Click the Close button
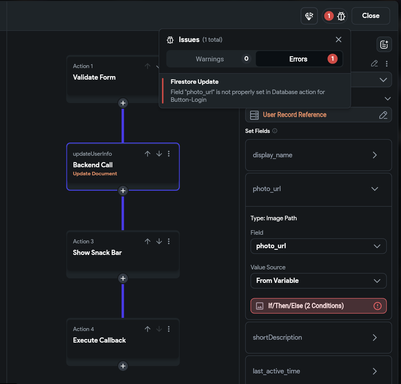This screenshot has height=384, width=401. coord(371,16)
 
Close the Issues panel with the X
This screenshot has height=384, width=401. coord(338,39)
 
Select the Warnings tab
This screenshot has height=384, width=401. coord(209,59)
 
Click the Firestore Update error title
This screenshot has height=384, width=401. coord(194,82)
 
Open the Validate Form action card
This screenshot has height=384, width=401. coord(94,77)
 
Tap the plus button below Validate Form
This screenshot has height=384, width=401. coord(123,103)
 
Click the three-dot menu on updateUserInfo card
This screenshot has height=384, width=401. coord(169,154)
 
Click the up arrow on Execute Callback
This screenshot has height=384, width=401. coord(148,329)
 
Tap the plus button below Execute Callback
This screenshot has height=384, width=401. coord(123,366)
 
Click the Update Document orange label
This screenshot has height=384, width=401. coord(95,174)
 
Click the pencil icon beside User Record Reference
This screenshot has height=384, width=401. coord(383,115)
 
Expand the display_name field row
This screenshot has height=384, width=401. coord(318,155)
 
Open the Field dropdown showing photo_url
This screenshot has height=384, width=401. coord(318,246)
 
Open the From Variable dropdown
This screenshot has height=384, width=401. coord(318,281)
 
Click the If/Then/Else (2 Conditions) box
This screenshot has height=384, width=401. coord(318,306)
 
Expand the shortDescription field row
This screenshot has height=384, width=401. coord(318,337)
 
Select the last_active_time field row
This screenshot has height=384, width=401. coord(318,371)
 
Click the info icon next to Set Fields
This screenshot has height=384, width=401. coord(275,131)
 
